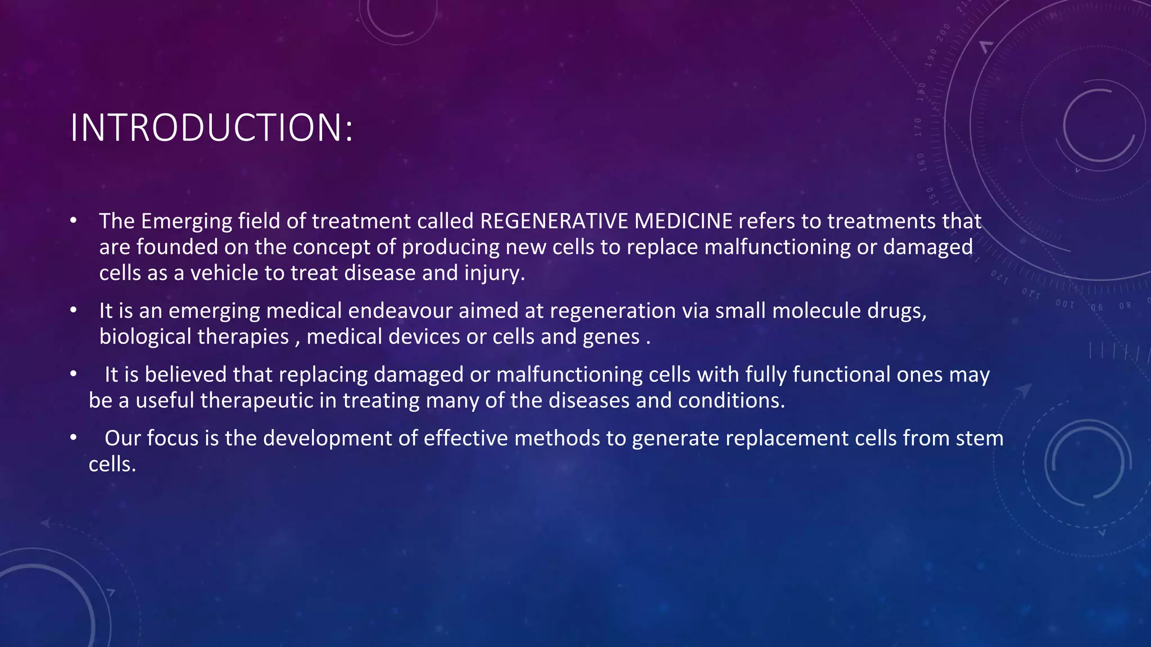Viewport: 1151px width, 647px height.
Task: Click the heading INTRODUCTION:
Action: (x=211, y=128)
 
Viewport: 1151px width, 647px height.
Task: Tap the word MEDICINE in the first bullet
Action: (x=683, y=221)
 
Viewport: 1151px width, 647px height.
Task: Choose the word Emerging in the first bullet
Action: (x=186, y=222)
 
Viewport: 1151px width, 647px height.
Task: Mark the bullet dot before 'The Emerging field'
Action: (x=73, y=221)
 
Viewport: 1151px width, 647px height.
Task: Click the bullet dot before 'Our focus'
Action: (x=73, y=438)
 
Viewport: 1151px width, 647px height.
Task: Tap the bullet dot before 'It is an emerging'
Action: (x=73, y=310)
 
